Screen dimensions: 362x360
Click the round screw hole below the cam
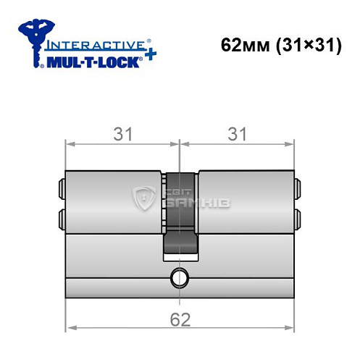point(179,277)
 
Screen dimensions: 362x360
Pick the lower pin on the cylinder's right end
point(298,216)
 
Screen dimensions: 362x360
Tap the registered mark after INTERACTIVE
point(149,39)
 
